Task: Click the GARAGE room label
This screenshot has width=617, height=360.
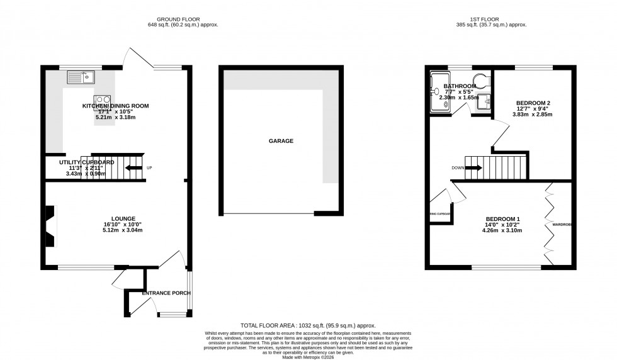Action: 281,142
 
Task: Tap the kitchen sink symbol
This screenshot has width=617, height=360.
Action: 81,78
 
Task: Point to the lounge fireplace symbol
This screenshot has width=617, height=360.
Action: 50,227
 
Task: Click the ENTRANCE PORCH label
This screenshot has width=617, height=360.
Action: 166,293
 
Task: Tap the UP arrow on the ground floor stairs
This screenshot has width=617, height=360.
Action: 133,168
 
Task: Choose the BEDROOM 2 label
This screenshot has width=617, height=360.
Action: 533,103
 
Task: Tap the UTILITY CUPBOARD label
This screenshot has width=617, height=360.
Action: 87,162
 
